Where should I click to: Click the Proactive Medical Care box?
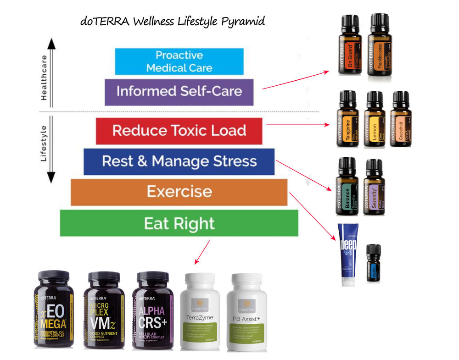pyautogui.click(x=179, y=61)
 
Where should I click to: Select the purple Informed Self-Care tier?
pyautogui.click(x=179, y=92)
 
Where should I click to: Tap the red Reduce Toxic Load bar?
pyautogui.click(x=179, y=131)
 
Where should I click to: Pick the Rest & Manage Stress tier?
pyautogui.click(x=179, y=161)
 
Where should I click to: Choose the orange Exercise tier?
pyautogui.click(x=179, y=192)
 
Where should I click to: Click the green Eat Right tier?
pyautogui.click(x=179, y=223)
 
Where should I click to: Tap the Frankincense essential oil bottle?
pyautogui.click(x=379, y=48)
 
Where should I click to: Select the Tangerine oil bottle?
pyautogui.click(x=347, y=122)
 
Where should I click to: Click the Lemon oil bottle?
pyautogui.click(x=374, y=122)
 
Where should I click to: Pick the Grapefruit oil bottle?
pyautogui.click(x=400, y=122)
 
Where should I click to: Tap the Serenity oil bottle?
pyautogui.click(x=373, y=189)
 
